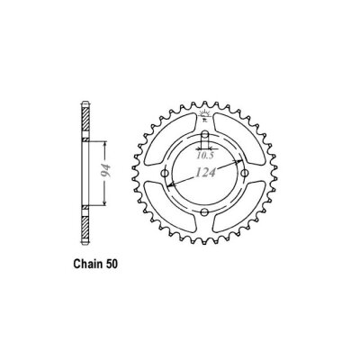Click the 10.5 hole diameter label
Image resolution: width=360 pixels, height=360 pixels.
tap(208, 149)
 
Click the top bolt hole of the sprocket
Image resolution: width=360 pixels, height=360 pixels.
tap(206, 138)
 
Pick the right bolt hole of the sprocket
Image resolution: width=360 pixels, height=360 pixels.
tap(243, 175)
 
